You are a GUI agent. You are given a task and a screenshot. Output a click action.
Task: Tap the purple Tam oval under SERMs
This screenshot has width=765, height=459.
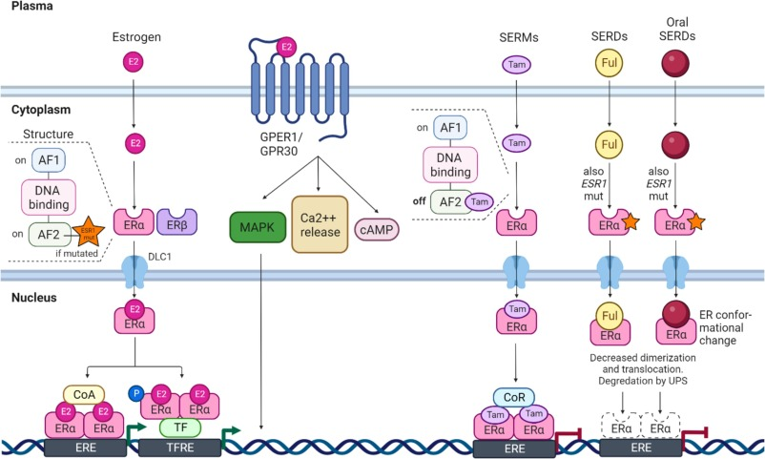[x=515, y=65]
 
